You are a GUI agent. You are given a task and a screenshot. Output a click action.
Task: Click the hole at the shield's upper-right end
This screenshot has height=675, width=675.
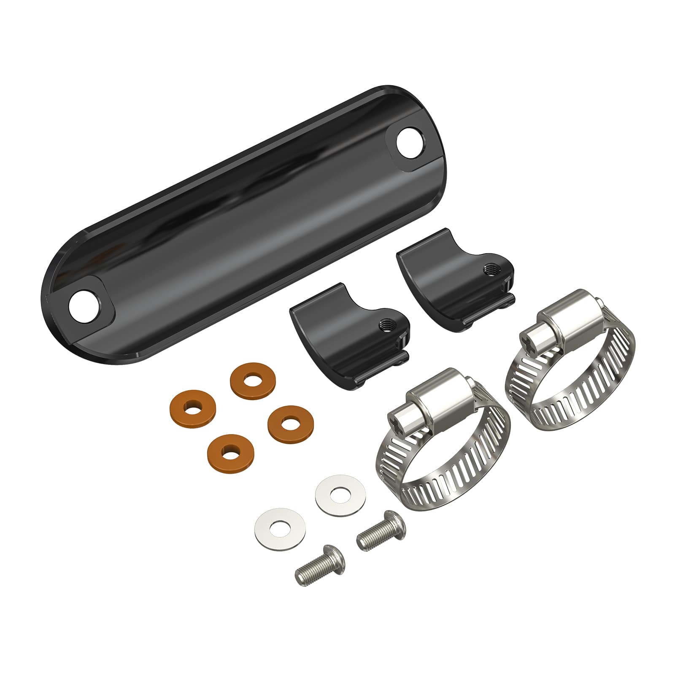tap(410, 145)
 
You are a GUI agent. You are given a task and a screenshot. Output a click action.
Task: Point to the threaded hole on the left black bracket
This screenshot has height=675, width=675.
tap(385, 325)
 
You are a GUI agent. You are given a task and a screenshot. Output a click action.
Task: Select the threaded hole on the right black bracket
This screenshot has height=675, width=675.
tap(490, 269)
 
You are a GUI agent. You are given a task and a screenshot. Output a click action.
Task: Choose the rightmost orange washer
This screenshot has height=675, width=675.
tap(289, 423)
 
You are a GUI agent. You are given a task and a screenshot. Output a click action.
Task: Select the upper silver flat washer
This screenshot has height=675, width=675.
tap(340, 494)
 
